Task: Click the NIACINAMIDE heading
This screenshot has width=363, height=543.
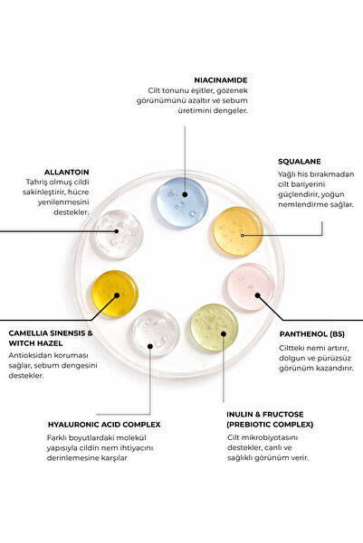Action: coord(221,80)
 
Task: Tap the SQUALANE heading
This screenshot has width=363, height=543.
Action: coord(299,162)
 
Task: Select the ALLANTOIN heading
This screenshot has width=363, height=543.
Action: coord(67,172)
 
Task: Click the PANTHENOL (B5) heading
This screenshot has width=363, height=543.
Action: coord(312,334)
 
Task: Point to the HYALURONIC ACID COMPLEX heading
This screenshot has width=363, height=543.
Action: coord(104,425)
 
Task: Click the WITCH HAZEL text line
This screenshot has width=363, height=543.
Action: coord(35,343)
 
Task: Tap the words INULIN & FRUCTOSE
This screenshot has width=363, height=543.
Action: coord(265,414)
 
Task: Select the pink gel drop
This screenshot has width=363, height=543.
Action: coord(251,286)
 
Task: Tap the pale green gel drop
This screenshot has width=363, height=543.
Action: coord(215,328)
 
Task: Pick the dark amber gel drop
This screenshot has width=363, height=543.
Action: coord(115,294)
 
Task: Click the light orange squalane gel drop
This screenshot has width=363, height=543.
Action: coord(238,231)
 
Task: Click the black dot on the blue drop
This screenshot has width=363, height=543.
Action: coord(185,194)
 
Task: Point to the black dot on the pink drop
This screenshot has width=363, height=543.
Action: coord(257,295)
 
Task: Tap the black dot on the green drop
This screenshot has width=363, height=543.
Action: coord(224,333)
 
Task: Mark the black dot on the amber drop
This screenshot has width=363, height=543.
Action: coord(117,295)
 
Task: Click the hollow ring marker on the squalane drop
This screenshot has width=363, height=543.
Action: coord(243,235)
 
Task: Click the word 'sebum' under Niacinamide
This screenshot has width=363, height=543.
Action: coord(235,101)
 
